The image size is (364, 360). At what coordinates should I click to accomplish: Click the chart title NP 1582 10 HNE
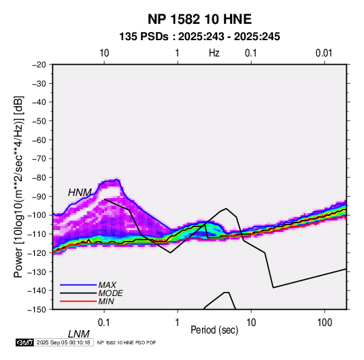(199, 19)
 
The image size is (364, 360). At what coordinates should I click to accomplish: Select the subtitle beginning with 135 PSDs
(199, 37)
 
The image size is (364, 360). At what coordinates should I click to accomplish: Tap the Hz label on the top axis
(214, 53)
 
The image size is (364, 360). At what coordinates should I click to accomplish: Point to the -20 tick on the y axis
(39, 65)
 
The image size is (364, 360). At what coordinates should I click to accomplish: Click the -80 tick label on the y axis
(39, 178)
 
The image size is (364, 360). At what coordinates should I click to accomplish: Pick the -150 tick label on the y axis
(37, 310)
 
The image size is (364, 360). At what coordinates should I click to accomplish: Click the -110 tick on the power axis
(37, 234)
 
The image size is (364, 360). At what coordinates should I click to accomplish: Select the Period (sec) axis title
(214, 330)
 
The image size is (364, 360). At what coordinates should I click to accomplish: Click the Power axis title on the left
(18, 186)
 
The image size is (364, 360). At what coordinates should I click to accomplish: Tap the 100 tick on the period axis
(325, 323)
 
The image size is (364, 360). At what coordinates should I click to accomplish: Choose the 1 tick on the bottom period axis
(178, 323)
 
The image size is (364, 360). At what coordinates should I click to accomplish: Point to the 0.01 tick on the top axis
(324, 53)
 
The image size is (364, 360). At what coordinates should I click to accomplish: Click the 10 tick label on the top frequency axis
(104, 53)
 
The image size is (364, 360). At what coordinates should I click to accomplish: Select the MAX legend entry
(107, 284)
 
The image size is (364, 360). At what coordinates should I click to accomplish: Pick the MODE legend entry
(110, 293)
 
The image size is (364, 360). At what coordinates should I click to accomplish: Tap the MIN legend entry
(106, 301)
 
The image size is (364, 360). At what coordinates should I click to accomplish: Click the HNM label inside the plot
(80, 193)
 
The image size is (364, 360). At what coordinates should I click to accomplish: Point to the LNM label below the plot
(78, 334)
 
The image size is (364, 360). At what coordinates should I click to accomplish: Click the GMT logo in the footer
(24, 342)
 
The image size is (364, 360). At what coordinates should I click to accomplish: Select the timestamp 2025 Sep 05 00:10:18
(63, 342)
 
